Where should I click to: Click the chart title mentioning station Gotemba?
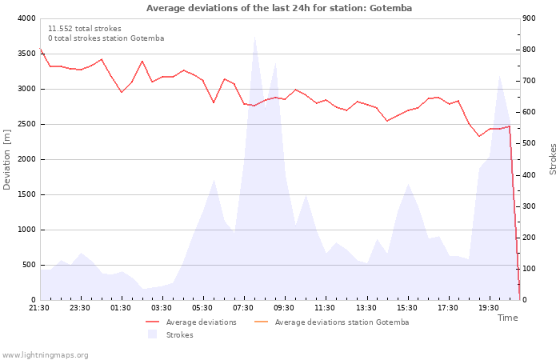279,8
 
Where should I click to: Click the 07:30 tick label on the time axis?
243,308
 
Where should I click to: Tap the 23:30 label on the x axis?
80,308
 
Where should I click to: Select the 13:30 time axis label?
366,308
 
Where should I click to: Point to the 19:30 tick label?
489,308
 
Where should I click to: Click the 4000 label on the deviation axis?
26,18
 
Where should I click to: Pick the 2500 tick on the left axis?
26,124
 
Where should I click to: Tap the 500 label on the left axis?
29,265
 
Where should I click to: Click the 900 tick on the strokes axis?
529,18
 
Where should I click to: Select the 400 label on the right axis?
529,174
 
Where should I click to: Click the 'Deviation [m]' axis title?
6,159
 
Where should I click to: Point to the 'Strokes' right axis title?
553,159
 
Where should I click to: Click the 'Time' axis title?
507,318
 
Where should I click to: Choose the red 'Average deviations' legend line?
152,322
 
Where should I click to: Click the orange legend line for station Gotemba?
261,322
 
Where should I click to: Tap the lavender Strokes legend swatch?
153,334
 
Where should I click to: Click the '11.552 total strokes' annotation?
85,29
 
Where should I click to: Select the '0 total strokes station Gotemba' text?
106,38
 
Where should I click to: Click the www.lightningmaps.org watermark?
45,355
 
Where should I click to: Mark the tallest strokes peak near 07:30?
254,37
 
